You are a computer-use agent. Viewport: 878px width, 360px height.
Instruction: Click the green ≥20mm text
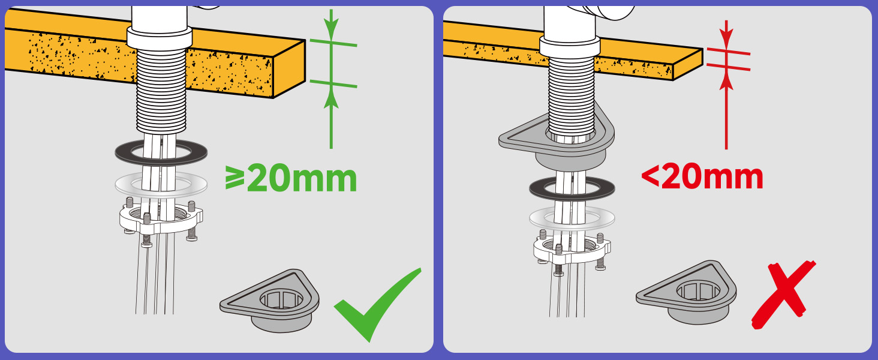coord(291,179)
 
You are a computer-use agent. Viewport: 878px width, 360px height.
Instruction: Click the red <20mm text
coord(702,176)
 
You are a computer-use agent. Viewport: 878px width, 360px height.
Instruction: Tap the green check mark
coord(377,305)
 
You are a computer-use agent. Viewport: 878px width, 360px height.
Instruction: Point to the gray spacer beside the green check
coord(270,301)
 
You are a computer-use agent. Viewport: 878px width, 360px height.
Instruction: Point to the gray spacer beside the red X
coord(686,292)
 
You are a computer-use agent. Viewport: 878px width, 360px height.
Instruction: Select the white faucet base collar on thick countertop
coord(160,38)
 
